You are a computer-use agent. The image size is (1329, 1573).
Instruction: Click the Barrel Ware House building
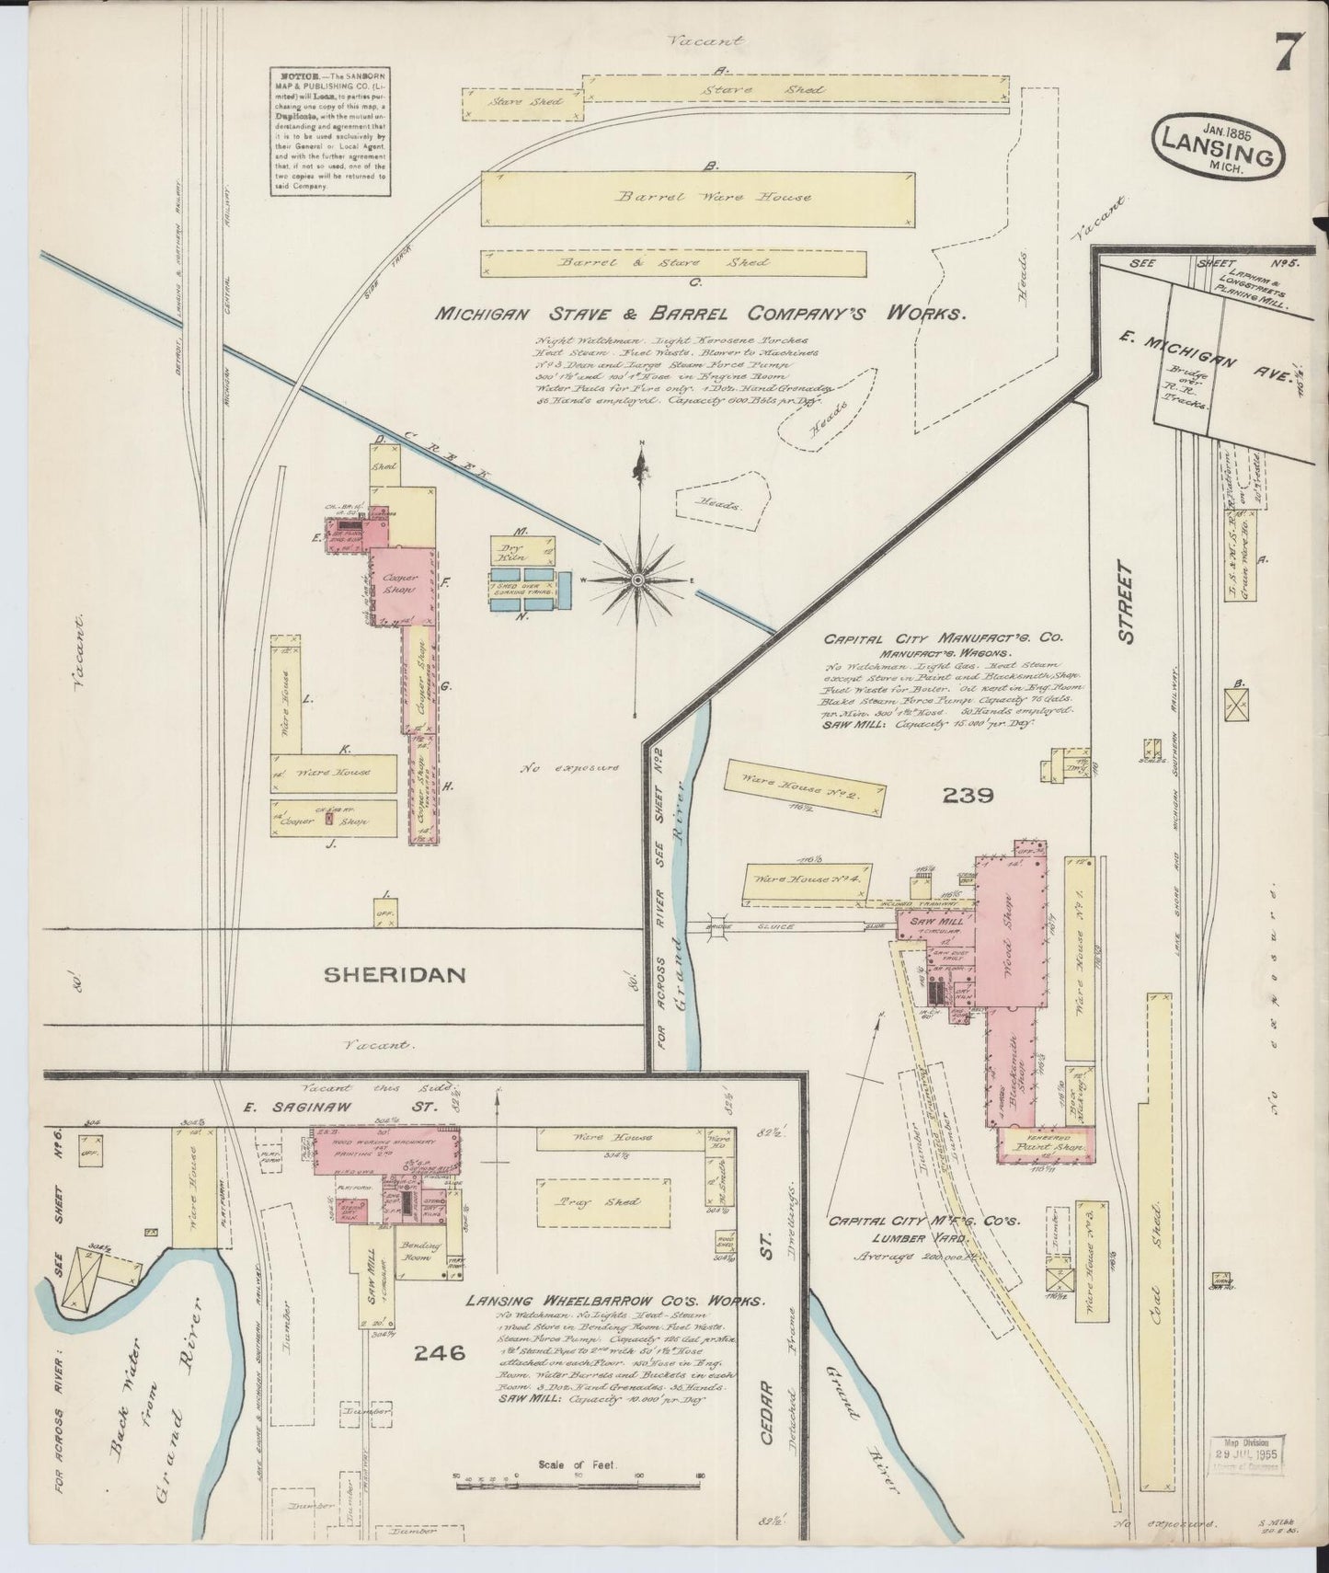click(699, 198)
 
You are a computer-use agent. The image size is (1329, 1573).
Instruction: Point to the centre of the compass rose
click(637, 579)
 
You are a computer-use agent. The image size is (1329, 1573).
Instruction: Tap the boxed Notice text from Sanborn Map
click(328, 130)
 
